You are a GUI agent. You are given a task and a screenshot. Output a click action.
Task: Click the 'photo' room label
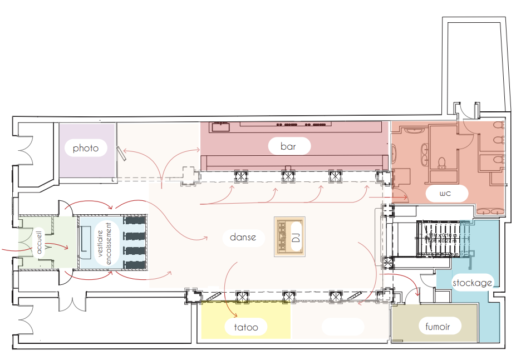(x=85, y=148)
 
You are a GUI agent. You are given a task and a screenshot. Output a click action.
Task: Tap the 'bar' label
(x=288, y=146)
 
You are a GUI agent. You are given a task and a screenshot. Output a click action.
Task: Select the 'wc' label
(x=445, y=194)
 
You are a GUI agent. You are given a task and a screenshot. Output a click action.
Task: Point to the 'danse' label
(x=243, y=237)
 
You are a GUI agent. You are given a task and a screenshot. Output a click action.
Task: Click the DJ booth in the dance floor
(x=289, y=236)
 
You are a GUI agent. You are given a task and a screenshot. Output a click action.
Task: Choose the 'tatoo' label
(x=246, y=327)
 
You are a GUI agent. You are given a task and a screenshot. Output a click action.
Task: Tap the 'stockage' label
(x=472, y=283)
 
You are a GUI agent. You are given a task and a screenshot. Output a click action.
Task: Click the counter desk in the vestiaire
(x=86, y=243)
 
